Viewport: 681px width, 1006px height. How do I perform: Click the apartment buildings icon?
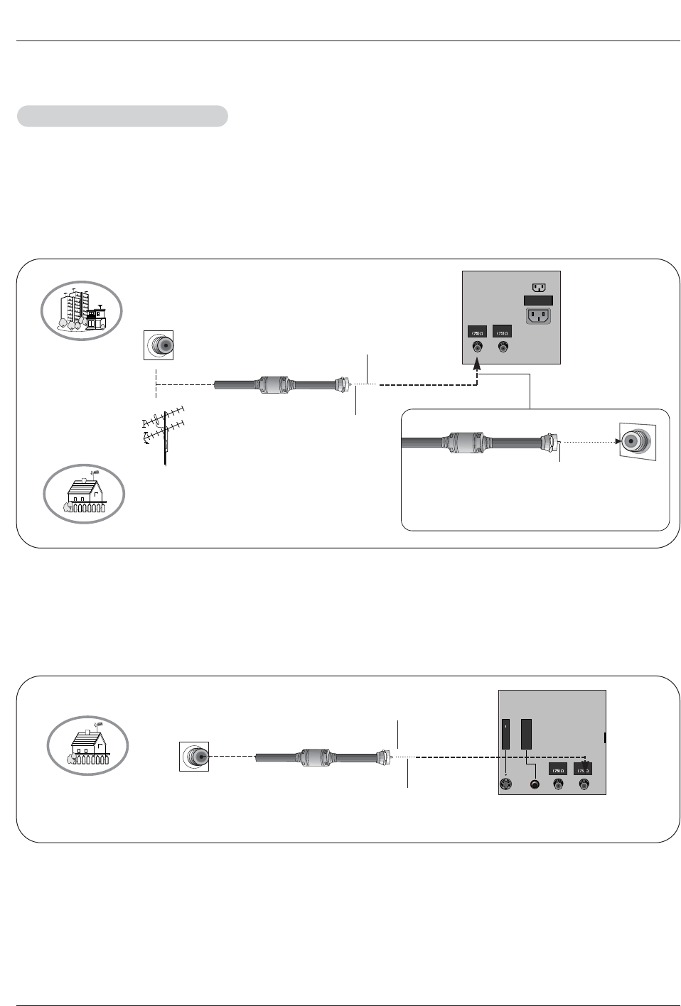[x=82, y=310]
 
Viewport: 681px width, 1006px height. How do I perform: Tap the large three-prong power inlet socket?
[x=539, y=315]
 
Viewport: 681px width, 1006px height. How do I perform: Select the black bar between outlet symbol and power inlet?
[x=538, y=301]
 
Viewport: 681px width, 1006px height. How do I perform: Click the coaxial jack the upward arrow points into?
[x=477, y=348]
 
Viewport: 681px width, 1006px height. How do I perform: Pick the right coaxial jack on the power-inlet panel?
[x=503, y=348]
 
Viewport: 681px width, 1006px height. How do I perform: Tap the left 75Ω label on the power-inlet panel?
[x=477, y=332]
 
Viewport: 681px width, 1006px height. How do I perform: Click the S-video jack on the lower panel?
[x=506, y=784]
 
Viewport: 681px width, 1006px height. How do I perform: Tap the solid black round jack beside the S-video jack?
[x=535, y=785]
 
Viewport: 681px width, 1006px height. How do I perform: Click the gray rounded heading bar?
[x=122, y=116]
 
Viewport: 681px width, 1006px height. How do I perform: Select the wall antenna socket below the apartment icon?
[x=159, y=345]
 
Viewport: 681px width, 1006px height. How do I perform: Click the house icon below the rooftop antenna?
[x=85, y=494]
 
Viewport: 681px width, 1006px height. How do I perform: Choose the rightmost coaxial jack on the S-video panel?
[x=584, y=784]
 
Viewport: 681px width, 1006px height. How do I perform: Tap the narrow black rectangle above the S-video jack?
[x=505, y=735]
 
